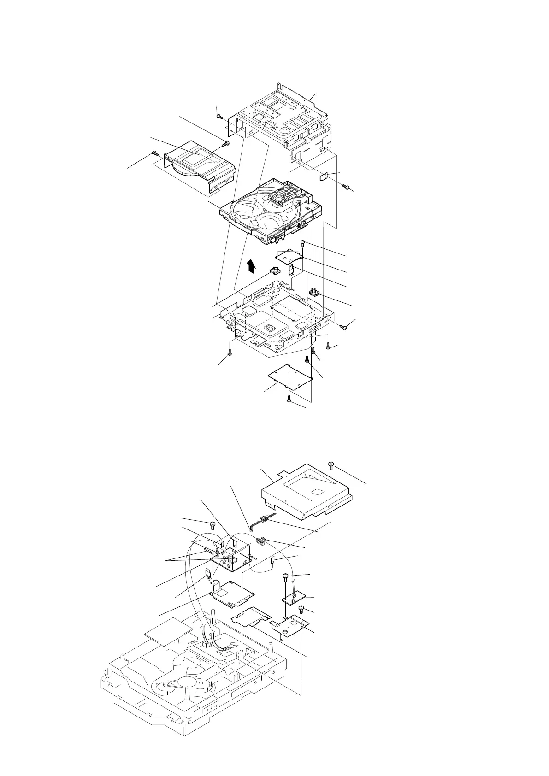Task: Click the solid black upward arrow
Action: (x=250, y=266)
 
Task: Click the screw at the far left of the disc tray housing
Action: (x=154, y=153)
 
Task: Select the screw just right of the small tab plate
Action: (x=347, y=187)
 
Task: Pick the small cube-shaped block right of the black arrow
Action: (x=275, y=270)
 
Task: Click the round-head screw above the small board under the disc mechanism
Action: (x=302, y=242)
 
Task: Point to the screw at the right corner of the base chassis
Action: (x=343, y=326)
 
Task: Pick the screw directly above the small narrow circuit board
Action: (x=285, y=576)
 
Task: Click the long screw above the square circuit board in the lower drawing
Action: (x=213, y=525)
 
